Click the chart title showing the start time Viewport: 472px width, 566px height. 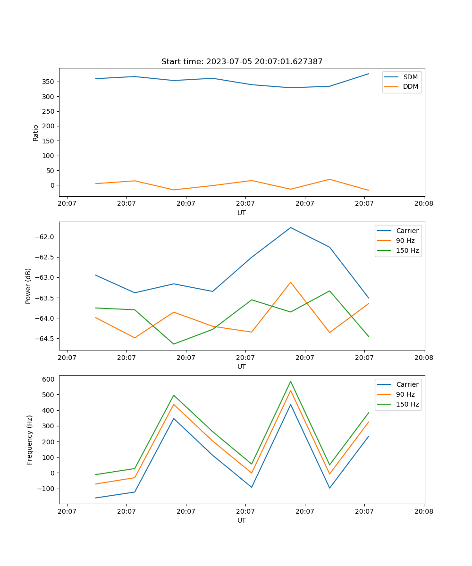(242, 62)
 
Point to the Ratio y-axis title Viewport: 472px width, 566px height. (36, 133)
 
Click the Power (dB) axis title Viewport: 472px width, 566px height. (28, 286)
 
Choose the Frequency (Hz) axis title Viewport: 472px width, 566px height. (29, 440)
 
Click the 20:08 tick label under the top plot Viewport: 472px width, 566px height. (423, 204)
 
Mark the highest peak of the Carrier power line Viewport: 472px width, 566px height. (290, 227)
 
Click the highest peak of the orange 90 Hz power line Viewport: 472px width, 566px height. (290, 282)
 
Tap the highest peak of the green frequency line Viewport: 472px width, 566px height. (290, 381)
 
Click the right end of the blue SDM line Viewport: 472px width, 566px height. (369, 74)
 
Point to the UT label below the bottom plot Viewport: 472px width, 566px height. (242, 520)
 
